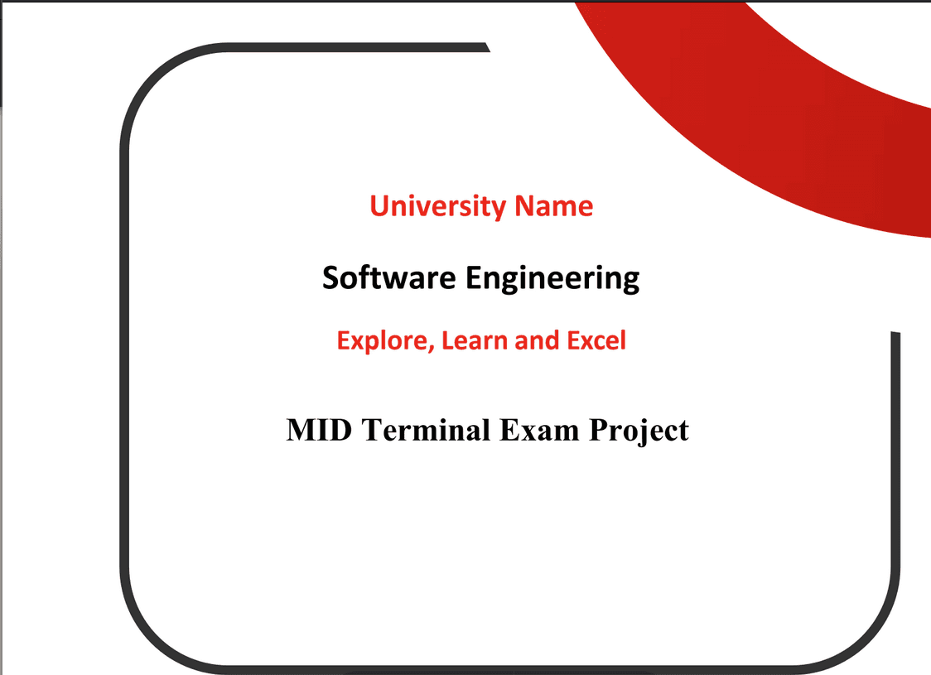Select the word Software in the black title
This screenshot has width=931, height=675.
click(389, 277)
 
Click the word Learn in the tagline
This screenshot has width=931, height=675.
click(475, 340)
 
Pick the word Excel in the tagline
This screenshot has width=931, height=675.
click(596, 340)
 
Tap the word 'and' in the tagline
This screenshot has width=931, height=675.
click(537, 340)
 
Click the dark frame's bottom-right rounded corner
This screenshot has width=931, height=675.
click(870, 639)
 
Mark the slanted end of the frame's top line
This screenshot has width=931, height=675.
click(485, 47)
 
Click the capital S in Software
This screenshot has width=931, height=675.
click(331, 277)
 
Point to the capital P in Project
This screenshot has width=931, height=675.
click(599, 431)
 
